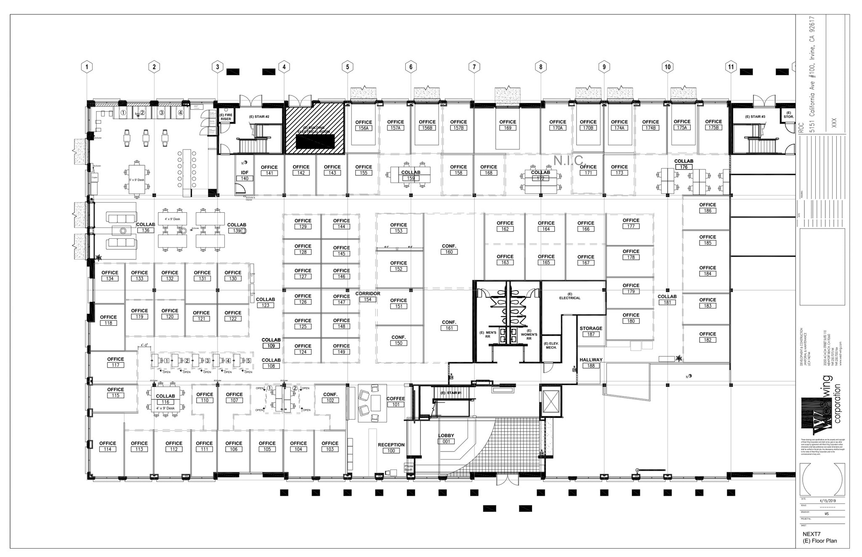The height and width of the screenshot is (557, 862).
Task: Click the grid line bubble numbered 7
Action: click(x=474, y=67)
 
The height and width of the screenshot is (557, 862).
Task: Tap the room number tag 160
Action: click(x=449, y=252)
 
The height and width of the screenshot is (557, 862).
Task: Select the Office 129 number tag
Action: click(x=303, y=227)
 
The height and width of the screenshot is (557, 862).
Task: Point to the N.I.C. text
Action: click(x=570, y=160)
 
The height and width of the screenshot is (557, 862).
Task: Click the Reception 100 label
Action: click(x=391, y=445)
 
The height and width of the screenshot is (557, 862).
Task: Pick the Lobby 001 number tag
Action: click(x=446, y=442)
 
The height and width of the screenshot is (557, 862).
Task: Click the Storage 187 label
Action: click(x=591, y=328)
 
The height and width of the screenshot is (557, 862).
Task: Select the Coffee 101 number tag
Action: click(x=396, y=405)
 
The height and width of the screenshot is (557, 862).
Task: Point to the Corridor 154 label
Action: click(x=368, y=294)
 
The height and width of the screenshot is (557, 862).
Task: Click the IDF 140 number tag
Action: click(x=245, y=179)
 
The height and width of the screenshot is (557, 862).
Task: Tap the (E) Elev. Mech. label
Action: click(x=551, y=346)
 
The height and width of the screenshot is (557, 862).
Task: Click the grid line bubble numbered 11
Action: click(x=731, y=67)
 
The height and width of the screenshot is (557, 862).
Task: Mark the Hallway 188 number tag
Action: click(x=591, y=366)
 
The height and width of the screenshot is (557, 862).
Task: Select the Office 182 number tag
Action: click(x=708, y=340)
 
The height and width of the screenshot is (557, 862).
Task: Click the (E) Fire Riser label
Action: click(x=226, y=117)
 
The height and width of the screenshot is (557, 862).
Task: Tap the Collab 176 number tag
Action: click(x=684, y=167)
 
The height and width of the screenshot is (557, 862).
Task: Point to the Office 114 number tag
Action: click(x=108, y=449)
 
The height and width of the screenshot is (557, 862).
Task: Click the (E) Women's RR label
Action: click(x=529, y=334)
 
